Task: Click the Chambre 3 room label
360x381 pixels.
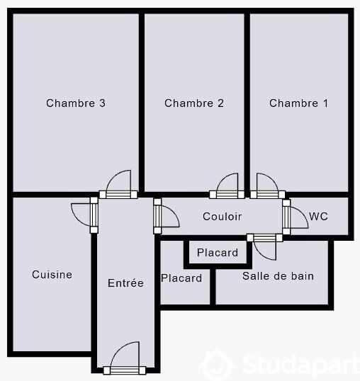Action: tap(76, 103)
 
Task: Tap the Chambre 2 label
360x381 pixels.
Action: tap(194, 103)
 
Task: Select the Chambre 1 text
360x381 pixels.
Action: tap(298, 103)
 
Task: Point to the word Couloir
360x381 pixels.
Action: tap(222, 217)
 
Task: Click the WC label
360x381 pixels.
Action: tap(318, 217)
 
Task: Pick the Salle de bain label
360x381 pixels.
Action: tap(278, 275)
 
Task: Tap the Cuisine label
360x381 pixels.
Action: tap(52, 275)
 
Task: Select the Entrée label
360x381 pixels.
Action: tap(125, 283)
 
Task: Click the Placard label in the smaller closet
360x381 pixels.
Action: tap(218, 253)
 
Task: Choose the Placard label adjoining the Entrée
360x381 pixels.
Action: tap(181, 278)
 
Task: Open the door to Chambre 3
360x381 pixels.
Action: tap(117, 186)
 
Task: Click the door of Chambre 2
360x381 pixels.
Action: tap(228, 186)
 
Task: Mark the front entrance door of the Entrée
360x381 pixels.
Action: tap(125, 358)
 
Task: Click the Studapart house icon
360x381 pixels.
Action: tap(217, 365)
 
